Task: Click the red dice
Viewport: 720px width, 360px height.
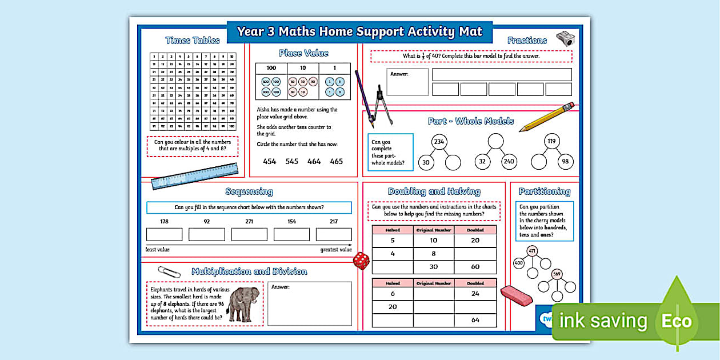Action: (x=361, y=261)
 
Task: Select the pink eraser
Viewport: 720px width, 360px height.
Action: (x=516, y=294)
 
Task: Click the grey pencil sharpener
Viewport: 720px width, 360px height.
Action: (x=565, y=39)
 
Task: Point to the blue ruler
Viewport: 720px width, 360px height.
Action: (x=195, y=175)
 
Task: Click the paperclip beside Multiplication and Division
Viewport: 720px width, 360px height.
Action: (x=169, y=271)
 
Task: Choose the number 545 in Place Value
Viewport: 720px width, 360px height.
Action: (x=292, y=161)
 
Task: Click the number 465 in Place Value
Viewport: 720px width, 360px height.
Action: (x=337, y=161)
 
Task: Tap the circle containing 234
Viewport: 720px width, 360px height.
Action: (x=439, y=142)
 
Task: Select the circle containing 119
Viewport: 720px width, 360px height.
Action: (x=551, y=142)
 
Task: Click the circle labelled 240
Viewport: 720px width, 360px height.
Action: (x=509, y=162)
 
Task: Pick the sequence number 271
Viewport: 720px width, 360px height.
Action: (x=249, y=222)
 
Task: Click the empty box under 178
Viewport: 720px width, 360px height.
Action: (x=164, y=234)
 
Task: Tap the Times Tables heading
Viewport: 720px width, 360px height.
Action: (x=192, y=40)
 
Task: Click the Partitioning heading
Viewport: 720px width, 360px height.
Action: (x=544, y=191)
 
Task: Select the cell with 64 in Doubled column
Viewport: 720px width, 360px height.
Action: (x=475, y=320)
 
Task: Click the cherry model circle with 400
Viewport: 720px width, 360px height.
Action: (x=519, y=263)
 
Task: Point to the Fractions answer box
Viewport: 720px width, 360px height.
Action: (x=407, y=82)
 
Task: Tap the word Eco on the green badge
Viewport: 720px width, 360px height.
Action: (x=677, y=321)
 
